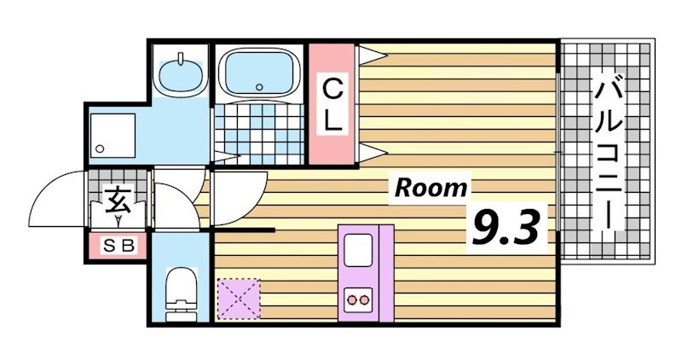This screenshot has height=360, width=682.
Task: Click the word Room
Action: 430,188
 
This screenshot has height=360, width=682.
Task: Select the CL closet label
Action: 332,104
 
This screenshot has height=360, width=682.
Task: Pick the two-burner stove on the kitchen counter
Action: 358,299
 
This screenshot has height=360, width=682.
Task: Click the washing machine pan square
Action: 113,134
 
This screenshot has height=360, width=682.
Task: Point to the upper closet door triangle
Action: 372,55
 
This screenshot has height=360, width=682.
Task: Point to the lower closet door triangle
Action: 372,153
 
